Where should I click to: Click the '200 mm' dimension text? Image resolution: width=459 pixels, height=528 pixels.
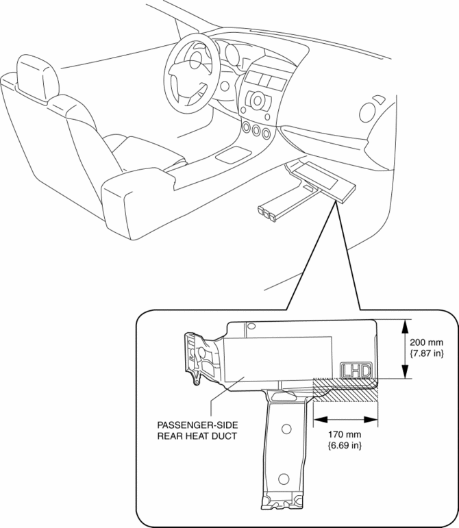click(425, 342)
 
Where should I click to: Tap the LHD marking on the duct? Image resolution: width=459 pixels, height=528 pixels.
click(356, 370)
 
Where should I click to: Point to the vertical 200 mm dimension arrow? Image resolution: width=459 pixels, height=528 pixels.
click(407, 349)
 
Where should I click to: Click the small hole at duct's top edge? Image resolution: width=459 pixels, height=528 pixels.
click(251, 327)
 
